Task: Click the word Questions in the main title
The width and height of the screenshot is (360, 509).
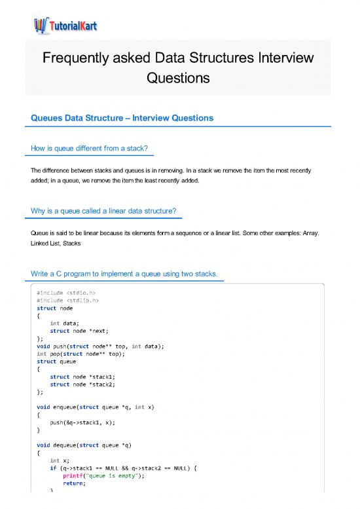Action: click(178, 78)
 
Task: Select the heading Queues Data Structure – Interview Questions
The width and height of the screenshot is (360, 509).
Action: click(122, 119)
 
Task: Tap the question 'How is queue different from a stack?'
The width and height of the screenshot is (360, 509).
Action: click(92, 149)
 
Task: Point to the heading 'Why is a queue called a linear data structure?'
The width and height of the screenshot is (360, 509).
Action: click(107, 210)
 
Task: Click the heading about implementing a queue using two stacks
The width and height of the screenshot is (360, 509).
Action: click(128, 273)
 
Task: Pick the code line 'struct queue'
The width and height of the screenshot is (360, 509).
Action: click(56, 361)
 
